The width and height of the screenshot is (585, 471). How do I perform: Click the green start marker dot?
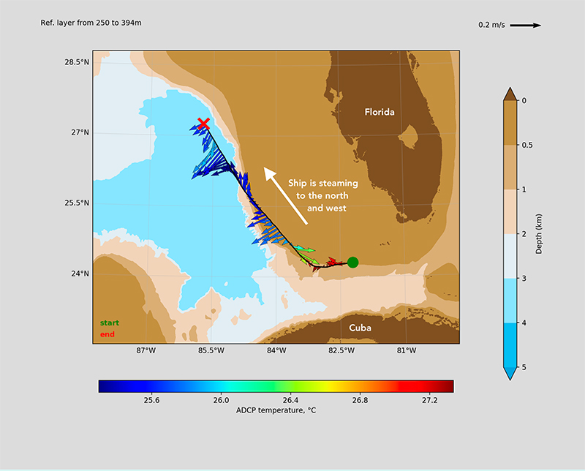coord(352,263)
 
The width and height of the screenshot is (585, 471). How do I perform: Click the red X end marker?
coord(203,124)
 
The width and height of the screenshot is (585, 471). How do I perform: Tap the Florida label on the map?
coord(380,112)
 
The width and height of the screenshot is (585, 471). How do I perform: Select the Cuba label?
coord(360,328)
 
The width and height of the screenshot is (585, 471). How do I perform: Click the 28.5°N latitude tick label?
coord(77,62)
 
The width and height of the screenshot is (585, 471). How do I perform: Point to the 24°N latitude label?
coord(80,274)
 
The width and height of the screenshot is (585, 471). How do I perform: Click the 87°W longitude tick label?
coord(146,350)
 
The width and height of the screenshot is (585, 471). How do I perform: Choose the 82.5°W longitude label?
coord(341,350)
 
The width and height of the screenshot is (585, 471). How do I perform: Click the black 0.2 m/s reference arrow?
coord(525,26)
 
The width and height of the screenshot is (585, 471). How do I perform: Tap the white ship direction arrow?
coord(286,195)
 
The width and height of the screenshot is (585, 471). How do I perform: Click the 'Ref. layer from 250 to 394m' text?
coord(91,23)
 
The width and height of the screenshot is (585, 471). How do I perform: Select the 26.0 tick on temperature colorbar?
coord(221,400)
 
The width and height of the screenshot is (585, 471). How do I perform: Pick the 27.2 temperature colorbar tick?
coord(429,400)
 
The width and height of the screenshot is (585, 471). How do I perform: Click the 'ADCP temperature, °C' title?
coord(276,410)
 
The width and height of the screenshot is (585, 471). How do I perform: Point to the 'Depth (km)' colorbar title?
coord(538,234)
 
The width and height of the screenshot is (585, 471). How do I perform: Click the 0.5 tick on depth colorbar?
coord(527,146)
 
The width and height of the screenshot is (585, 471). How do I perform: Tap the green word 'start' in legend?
coord(109,323)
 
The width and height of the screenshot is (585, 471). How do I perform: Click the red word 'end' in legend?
coord(107,334)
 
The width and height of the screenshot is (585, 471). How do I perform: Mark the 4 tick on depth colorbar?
coord(524,323)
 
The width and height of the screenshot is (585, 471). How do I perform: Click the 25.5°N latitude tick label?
coord(77,203)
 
